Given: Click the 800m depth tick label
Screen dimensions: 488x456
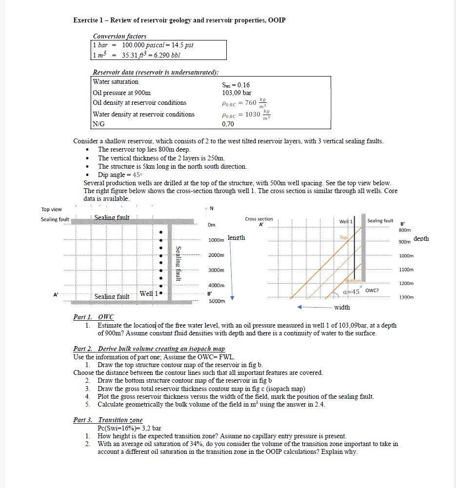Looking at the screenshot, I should pyautogui.click(x=405, y=230).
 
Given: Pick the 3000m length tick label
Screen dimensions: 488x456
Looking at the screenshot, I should pyautogui.click(x=216, y=270).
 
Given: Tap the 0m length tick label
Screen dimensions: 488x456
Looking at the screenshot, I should pyautogui.click(x=212, y=225).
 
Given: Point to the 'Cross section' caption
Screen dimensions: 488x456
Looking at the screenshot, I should pyautogui.click(x=259, y=219).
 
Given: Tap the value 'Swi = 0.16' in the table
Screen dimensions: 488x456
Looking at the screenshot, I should pyautogui.click(x=236, y=85).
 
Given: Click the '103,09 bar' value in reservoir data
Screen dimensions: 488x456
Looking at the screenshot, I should pyautogui.click(x=237, y=93).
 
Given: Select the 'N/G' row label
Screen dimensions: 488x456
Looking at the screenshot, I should pyautogui.click(x=99, y=124).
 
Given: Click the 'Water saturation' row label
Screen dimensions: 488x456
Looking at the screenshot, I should pyautogui.click(x=116, y=82).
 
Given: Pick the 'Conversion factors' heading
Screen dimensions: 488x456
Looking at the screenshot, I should pyautogui.click(x=119, y=36).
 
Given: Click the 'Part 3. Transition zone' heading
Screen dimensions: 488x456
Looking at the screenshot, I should pyautogui.click(x=108, y=420).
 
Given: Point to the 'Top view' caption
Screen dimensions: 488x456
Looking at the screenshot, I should pyautogui.click(x=52, y=209).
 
